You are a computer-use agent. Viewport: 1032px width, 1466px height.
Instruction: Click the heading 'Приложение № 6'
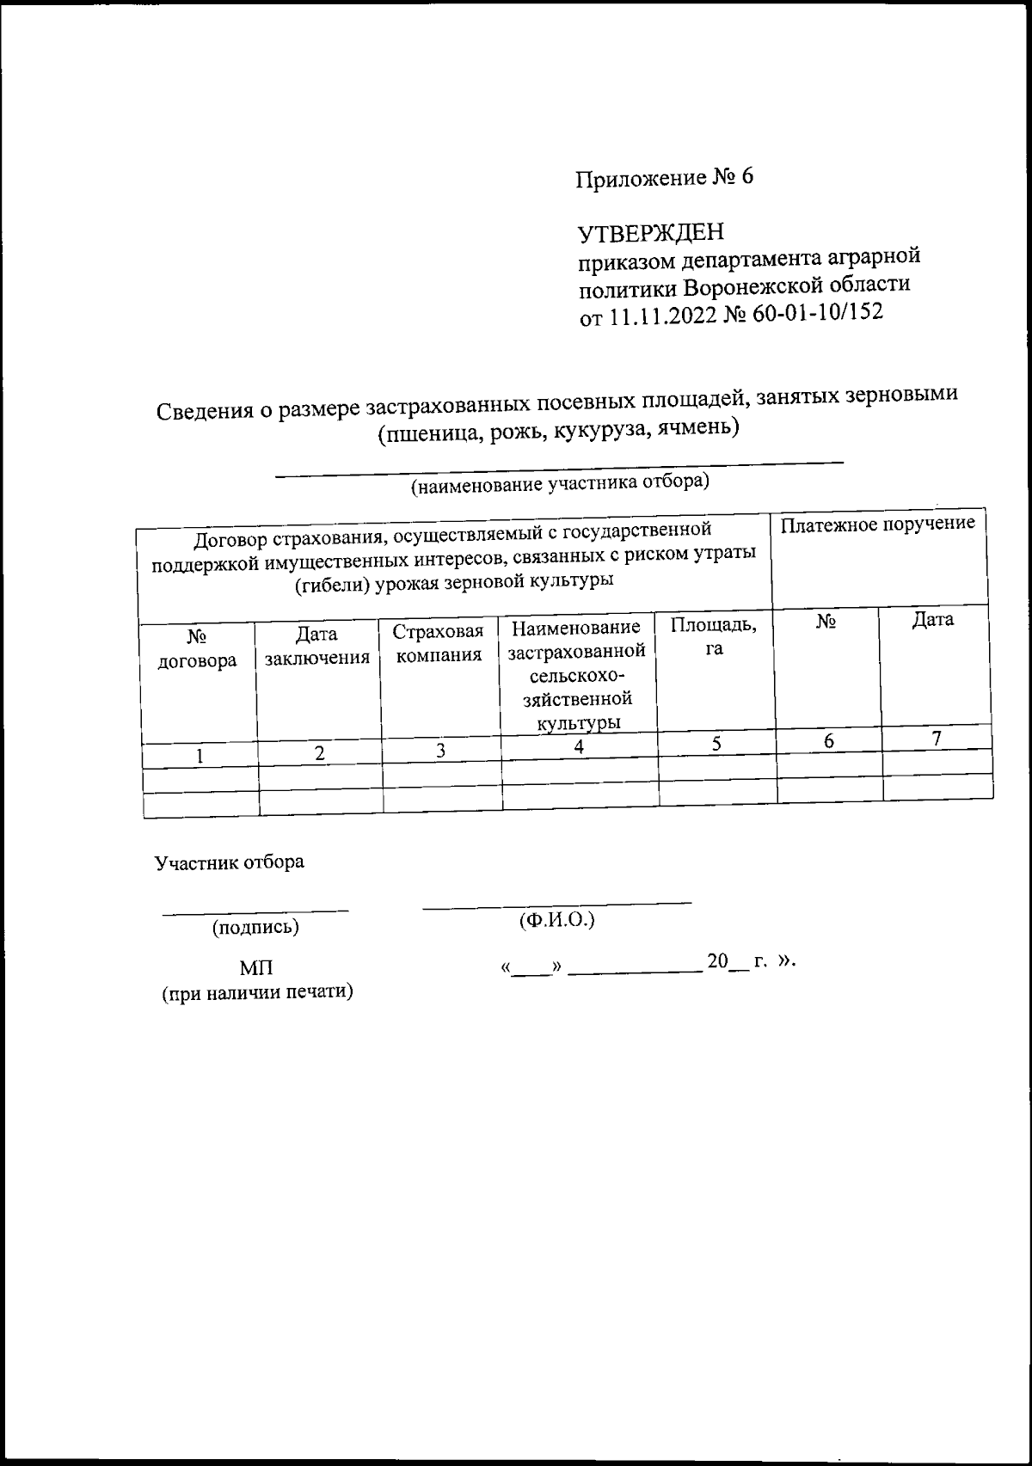664,178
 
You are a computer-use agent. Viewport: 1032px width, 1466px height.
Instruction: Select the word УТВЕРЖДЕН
651,233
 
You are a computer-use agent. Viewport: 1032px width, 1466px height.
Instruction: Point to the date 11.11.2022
661,316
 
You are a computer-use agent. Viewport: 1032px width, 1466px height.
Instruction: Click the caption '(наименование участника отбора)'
560,484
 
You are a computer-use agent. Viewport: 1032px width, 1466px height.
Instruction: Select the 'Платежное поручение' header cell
877,524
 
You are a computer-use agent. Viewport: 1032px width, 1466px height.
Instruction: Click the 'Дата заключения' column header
317,647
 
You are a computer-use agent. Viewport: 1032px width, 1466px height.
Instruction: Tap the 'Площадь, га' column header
714,636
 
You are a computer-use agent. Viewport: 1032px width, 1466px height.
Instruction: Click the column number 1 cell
200,756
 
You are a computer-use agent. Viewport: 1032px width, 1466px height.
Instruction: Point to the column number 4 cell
580,747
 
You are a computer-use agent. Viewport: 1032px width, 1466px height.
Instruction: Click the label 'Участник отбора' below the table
229,862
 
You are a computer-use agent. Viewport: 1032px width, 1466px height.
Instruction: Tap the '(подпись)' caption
255,927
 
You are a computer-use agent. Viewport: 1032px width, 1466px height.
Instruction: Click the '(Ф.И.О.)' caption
557,920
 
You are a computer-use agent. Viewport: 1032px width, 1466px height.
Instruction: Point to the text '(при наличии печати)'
258,992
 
